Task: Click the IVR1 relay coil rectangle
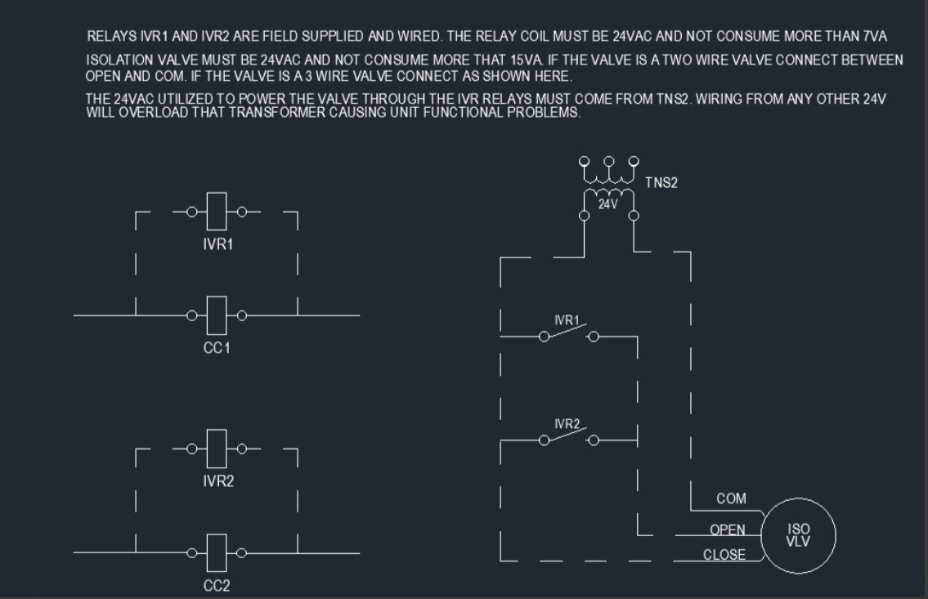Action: pos(217,211)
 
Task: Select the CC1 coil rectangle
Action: pos(217,315)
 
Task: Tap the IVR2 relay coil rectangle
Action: pos(217,449)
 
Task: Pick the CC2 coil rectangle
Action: pos(217,553)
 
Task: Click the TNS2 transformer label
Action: pos(661,183)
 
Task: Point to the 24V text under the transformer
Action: pos(607,204)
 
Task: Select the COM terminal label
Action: pos(731,498)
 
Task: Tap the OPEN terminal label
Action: pos(728,530)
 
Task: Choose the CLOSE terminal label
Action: pos(724,555)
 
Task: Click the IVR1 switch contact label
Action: pos(567,320)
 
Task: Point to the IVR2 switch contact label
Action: pos(567,424)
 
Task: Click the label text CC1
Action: pos(217,347)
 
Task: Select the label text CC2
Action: pos(217,585)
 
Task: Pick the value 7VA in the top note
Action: pos(875,36)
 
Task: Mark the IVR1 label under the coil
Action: pos(217,244)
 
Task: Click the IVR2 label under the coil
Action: pos(217,481)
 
